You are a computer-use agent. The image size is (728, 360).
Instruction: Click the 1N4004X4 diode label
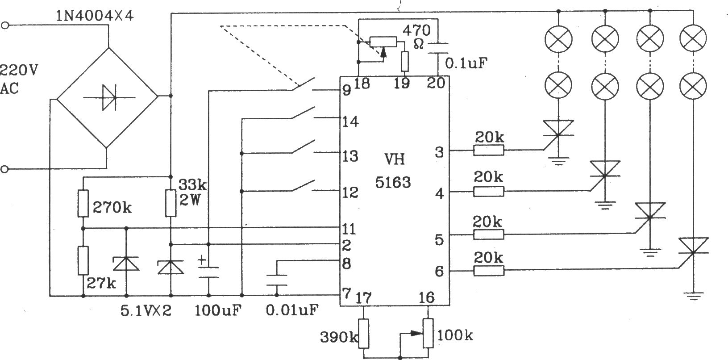pos(95,16)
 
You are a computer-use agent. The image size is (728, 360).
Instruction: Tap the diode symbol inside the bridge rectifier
pos(109,97)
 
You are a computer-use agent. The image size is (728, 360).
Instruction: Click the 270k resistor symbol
pos(83,204)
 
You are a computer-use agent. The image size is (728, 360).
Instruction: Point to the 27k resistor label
pos(101,284)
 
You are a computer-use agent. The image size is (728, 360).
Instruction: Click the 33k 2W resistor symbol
pos(171,204)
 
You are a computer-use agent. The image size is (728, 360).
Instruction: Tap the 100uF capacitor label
pos(218,310)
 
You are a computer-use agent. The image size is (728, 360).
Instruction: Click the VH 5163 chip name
pos(394,171)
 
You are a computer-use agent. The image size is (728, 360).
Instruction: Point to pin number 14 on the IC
pos(350,122)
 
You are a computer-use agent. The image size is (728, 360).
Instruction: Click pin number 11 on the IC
pos(349,229)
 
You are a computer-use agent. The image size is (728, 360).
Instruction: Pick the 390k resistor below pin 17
pos(364,334)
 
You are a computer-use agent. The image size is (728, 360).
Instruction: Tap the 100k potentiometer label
pos(455,335)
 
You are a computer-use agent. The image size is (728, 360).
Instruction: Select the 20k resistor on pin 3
pos(488,150)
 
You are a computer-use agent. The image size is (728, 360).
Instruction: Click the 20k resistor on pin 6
pos(488,271)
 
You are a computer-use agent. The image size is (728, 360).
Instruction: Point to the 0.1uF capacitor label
pos(466,63)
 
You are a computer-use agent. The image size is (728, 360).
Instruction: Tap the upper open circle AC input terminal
pos(4,25)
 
